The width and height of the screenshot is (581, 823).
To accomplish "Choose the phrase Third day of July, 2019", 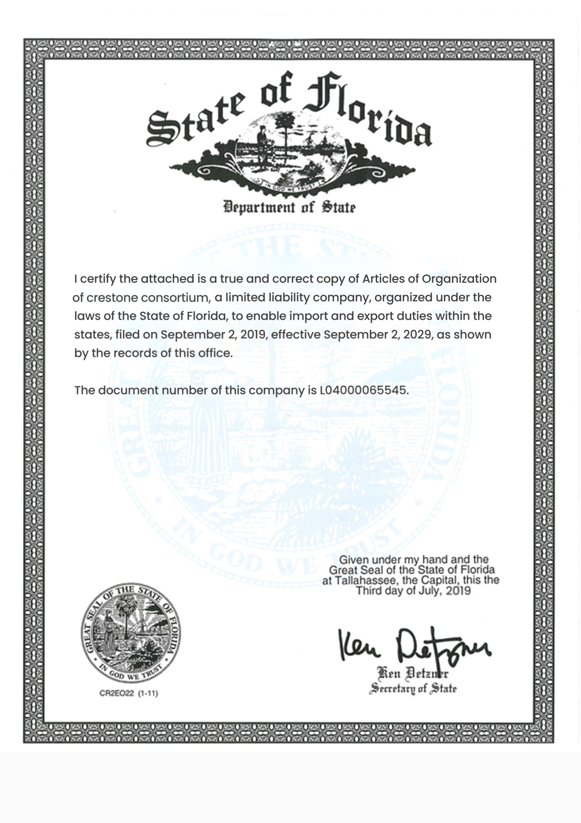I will [413, 591].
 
